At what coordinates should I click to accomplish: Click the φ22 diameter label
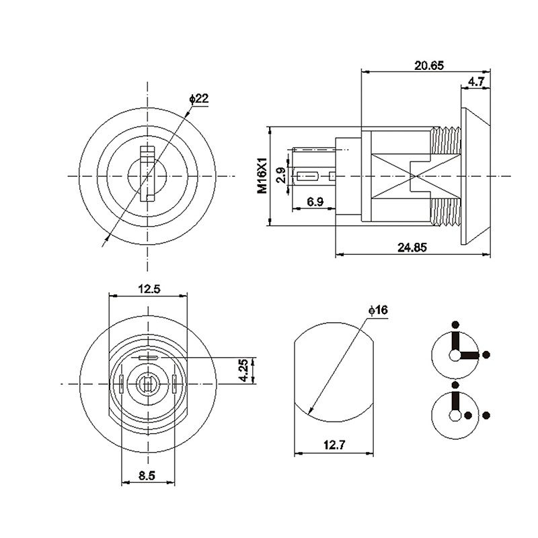(x=200, y=99)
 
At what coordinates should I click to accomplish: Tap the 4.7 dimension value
(x=476, y=81)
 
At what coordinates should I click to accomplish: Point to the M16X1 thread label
(x=263, y=176)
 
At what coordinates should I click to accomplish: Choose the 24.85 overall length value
(x=412, y=247)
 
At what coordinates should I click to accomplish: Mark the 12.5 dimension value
(x=149, y=289)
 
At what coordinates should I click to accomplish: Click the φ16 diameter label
(x=379, y=310)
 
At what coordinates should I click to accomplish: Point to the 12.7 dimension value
(x=334, y=444)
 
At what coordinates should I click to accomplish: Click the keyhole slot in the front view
(x=147, y=174)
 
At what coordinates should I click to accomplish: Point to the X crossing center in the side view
(x=411, y=176)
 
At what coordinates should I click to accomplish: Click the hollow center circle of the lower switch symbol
(x=456, y=416)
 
